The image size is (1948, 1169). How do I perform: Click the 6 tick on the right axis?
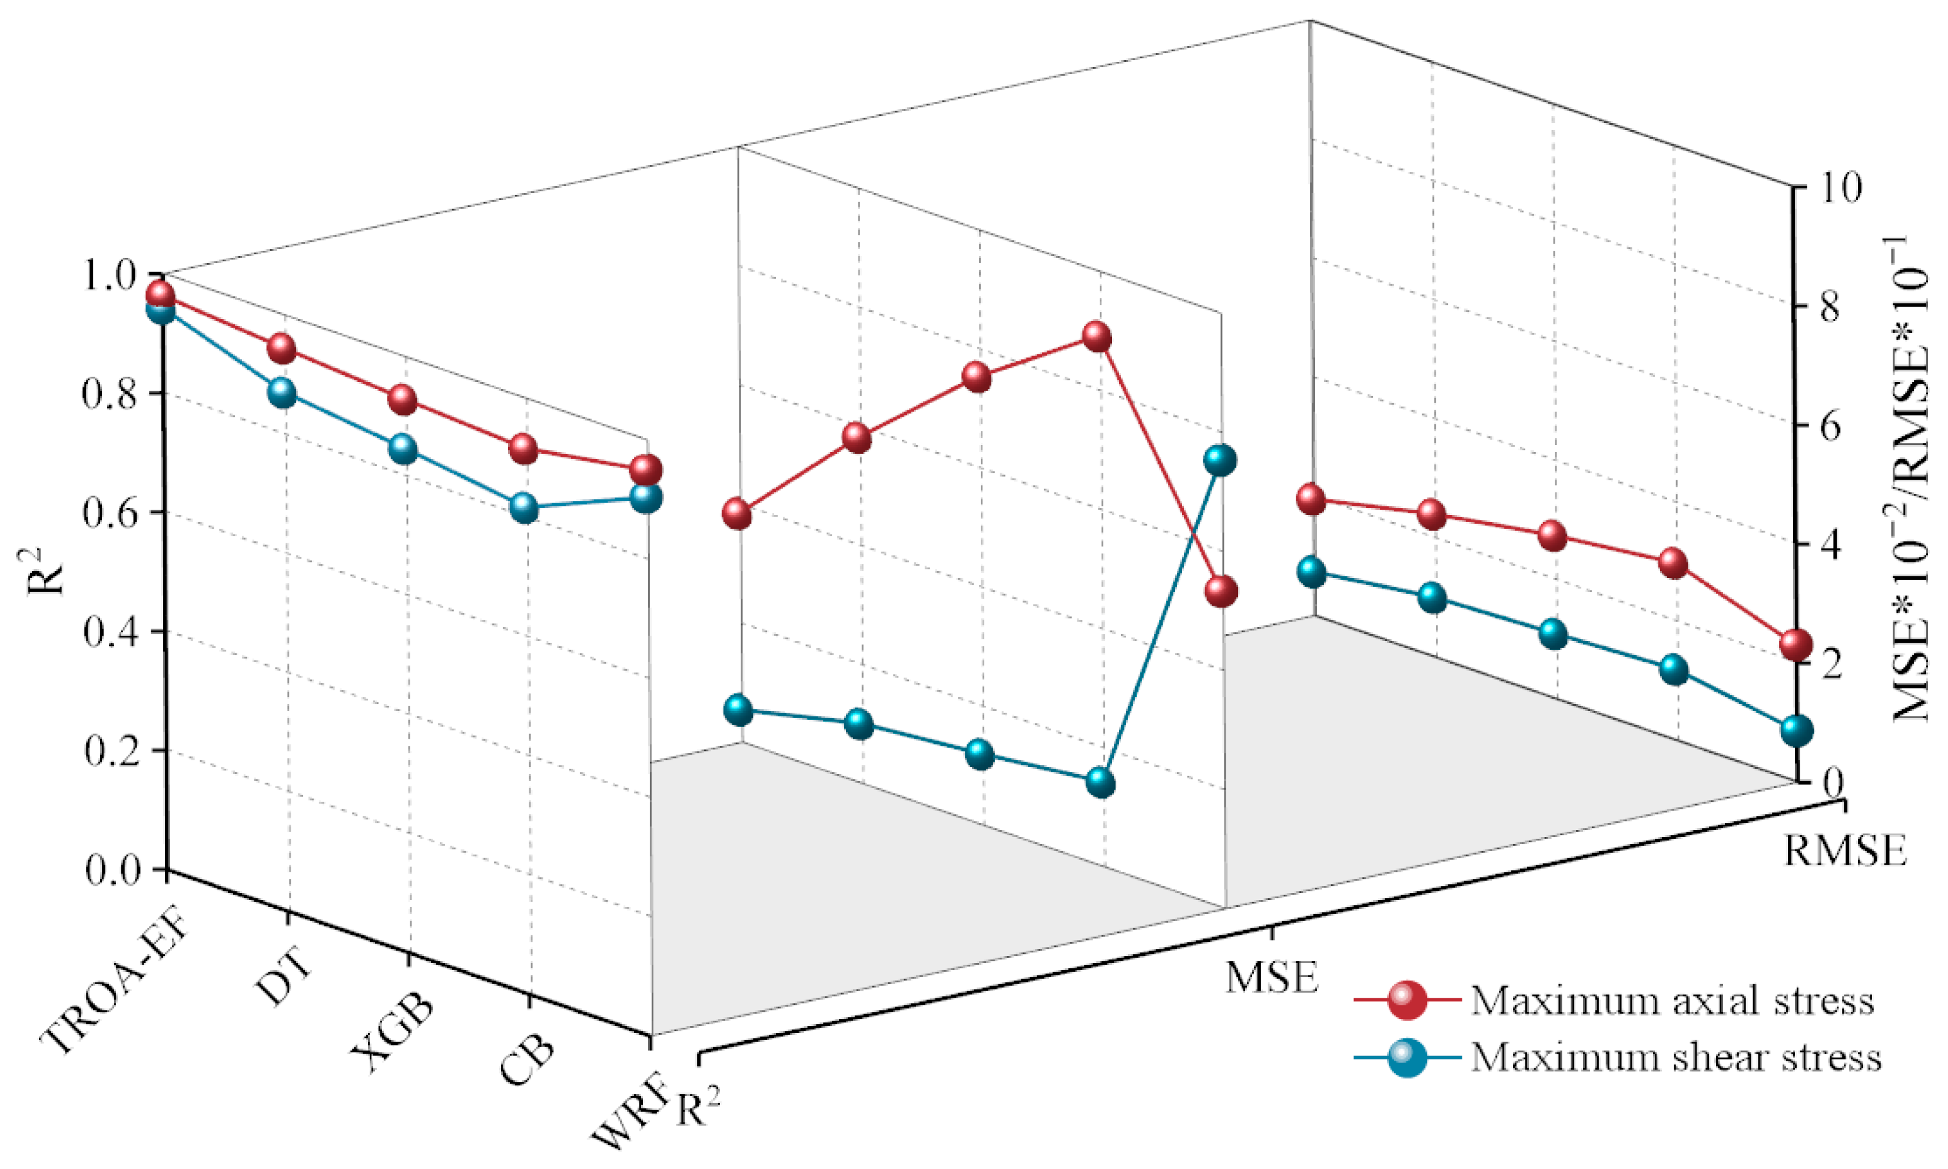tap(1829, 426)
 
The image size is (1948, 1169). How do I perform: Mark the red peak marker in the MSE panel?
tap(1097, 337)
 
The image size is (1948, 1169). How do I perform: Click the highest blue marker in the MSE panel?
tap(1219, 460)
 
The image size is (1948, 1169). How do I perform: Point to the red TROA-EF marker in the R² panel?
tap(160, 295)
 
